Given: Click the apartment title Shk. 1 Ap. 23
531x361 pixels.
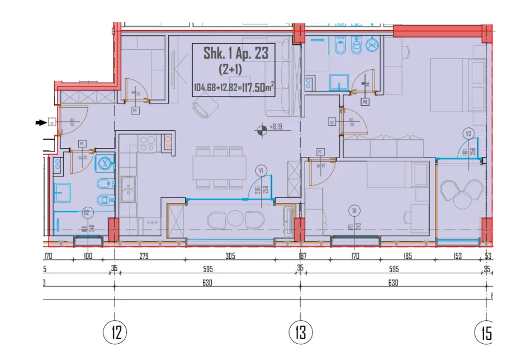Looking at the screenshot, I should [x=236, y=54].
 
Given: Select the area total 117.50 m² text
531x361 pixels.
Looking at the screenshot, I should [x=234, y=87].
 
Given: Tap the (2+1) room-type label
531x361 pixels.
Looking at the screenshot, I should [x=234, y=70].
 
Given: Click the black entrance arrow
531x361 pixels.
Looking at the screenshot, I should [x=41, y=122].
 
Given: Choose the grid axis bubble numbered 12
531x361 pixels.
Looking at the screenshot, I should [x=115, y=333].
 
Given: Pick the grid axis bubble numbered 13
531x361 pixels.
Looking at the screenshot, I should [x=300, y=333].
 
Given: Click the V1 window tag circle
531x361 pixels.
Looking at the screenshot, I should [x=261, y=171].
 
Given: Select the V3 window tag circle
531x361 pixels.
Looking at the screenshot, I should [x=468, y=134].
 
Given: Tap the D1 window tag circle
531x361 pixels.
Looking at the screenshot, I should [x=353, y=210].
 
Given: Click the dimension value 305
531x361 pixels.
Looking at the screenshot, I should [x=230, y=256].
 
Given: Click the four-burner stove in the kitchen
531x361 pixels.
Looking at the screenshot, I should [x=147, y=144].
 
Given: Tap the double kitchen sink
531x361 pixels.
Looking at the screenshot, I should [x=129, y=189].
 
